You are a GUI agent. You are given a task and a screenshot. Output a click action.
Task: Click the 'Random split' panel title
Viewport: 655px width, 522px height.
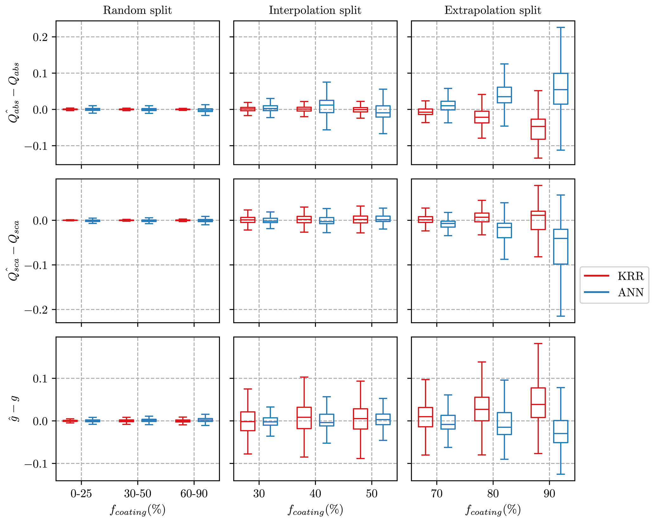(x=137, y=10)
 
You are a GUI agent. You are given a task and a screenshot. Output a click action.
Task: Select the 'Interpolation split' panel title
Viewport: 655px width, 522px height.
(x=315, y=10)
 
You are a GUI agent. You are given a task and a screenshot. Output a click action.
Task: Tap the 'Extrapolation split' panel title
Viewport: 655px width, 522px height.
(x=492, y=10)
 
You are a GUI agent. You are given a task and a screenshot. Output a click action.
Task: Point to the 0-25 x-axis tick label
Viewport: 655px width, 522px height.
(x=81, y=494)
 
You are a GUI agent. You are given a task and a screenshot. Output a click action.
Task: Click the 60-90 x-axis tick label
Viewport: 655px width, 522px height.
(x=194, y=494)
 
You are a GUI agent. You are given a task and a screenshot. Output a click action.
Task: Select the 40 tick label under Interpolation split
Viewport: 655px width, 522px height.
(x=315, y=494)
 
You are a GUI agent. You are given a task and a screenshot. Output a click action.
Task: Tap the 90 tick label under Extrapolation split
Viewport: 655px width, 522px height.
(x=549, y=494)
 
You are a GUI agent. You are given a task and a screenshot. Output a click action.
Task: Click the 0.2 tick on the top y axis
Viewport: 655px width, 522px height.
(x=40, y=37)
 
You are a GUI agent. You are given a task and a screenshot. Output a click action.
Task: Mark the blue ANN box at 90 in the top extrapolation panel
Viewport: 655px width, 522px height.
(x=561, y=88)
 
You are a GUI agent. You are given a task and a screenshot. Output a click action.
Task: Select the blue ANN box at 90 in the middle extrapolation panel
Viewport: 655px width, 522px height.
(x=561, y=246)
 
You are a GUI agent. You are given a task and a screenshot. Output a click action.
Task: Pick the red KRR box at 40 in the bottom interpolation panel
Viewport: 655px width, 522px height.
(x=304, y=418)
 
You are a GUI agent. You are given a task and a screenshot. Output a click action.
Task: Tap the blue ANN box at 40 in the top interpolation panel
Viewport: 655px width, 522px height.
(x=326, y=106)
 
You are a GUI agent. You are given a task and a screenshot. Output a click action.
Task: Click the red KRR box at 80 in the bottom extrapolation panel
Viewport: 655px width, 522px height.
(x=482, y=409)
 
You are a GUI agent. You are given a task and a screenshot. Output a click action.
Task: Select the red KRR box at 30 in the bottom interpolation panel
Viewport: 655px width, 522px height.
(x=247, y=421)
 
